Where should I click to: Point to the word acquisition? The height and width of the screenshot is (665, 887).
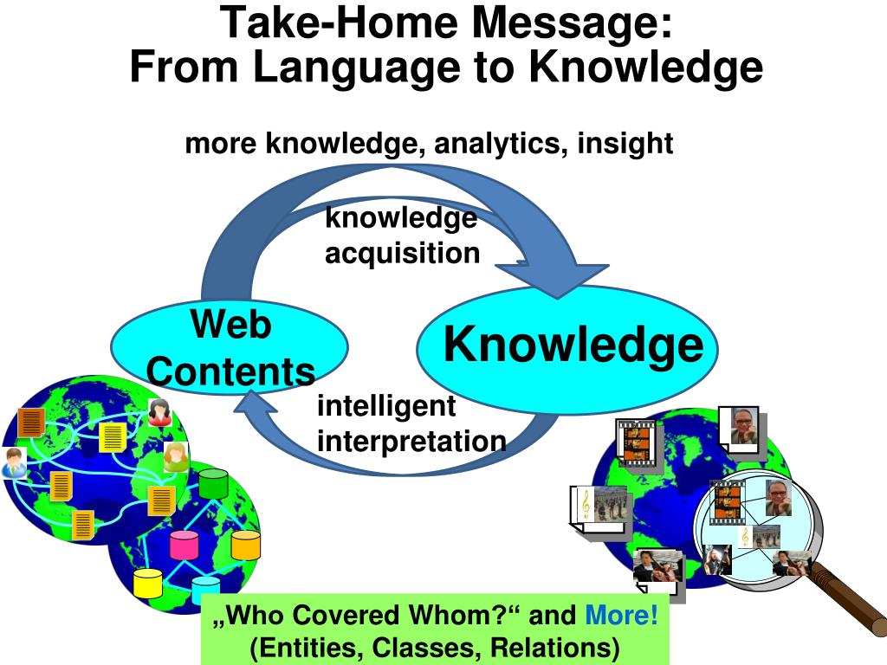402,253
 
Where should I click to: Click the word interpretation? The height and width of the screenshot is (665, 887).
411,441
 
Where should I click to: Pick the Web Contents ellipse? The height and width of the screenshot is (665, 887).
230,346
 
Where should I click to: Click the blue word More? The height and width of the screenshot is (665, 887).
622,617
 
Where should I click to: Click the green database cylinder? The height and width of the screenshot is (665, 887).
212,483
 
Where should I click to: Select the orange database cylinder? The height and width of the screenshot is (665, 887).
246,545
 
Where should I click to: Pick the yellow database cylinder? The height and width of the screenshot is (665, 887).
148,584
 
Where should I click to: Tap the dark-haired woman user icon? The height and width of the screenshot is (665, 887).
160,412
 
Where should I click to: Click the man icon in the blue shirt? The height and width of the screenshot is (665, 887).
14,463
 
